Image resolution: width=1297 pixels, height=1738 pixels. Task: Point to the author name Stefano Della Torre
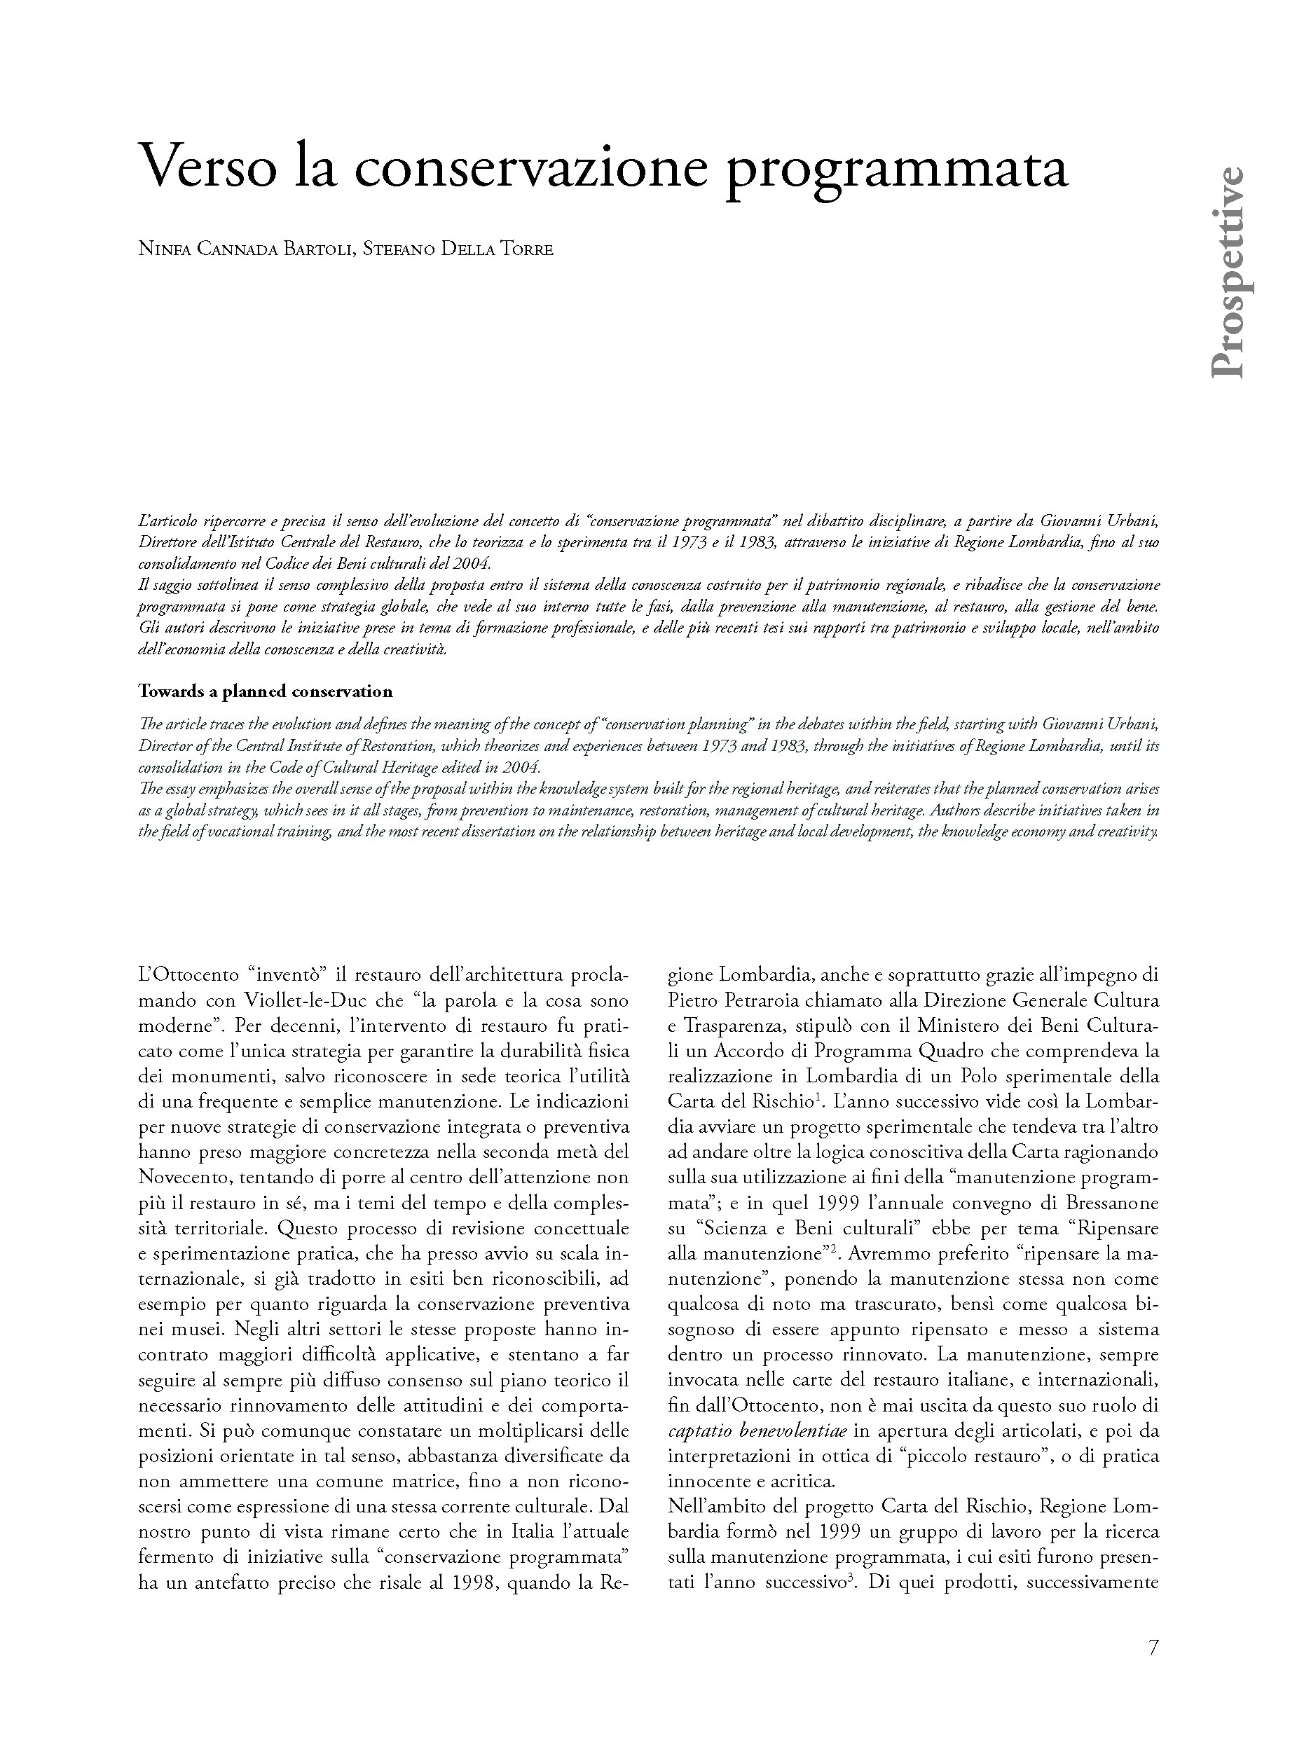pyautogui.click(x=458, y=249)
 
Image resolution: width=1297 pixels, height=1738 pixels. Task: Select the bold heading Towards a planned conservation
pyautogui.click(x=266, y=691)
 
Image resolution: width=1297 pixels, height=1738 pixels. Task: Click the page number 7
pyautogui.click(x=1153, y=1648)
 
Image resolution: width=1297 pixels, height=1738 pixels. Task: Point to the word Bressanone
pyautogui.click(x=1113, y=1203)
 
